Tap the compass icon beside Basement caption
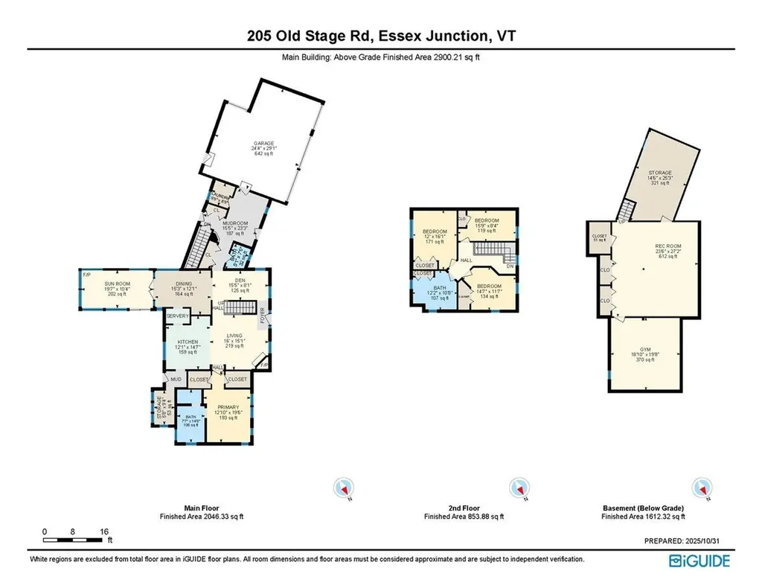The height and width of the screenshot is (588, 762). [x=699, y=488]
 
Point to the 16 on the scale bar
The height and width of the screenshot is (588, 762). [x=104, y=531]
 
